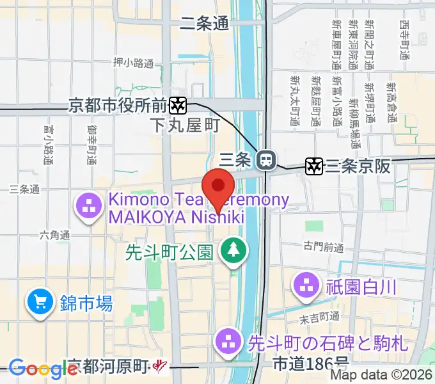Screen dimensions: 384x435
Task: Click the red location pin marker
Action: click(218, 187)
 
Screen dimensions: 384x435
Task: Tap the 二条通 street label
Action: click(204, 24)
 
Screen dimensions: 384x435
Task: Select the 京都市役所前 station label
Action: click(118, 104)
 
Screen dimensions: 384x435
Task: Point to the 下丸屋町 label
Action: click(186, 125)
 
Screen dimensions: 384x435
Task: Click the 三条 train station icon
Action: click(265, 159)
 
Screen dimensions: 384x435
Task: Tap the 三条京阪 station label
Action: click(358, 166)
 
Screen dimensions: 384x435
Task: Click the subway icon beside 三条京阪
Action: click(314, 166)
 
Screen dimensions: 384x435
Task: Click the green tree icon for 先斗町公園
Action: click(232, 250)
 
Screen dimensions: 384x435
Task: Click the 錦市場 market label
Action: click(87, 303)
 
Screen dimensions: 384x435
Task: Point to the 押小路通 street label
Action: click(133, 63)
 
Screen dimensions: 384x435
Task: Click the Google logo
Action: click(43, 369)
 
